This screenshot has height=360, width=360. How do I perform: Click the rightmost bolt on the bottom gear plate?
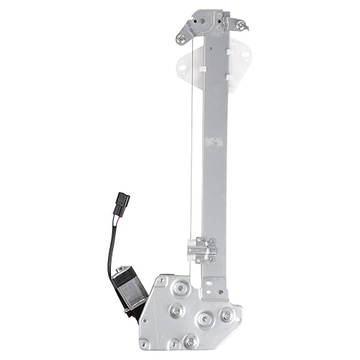tap(227, 315)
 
